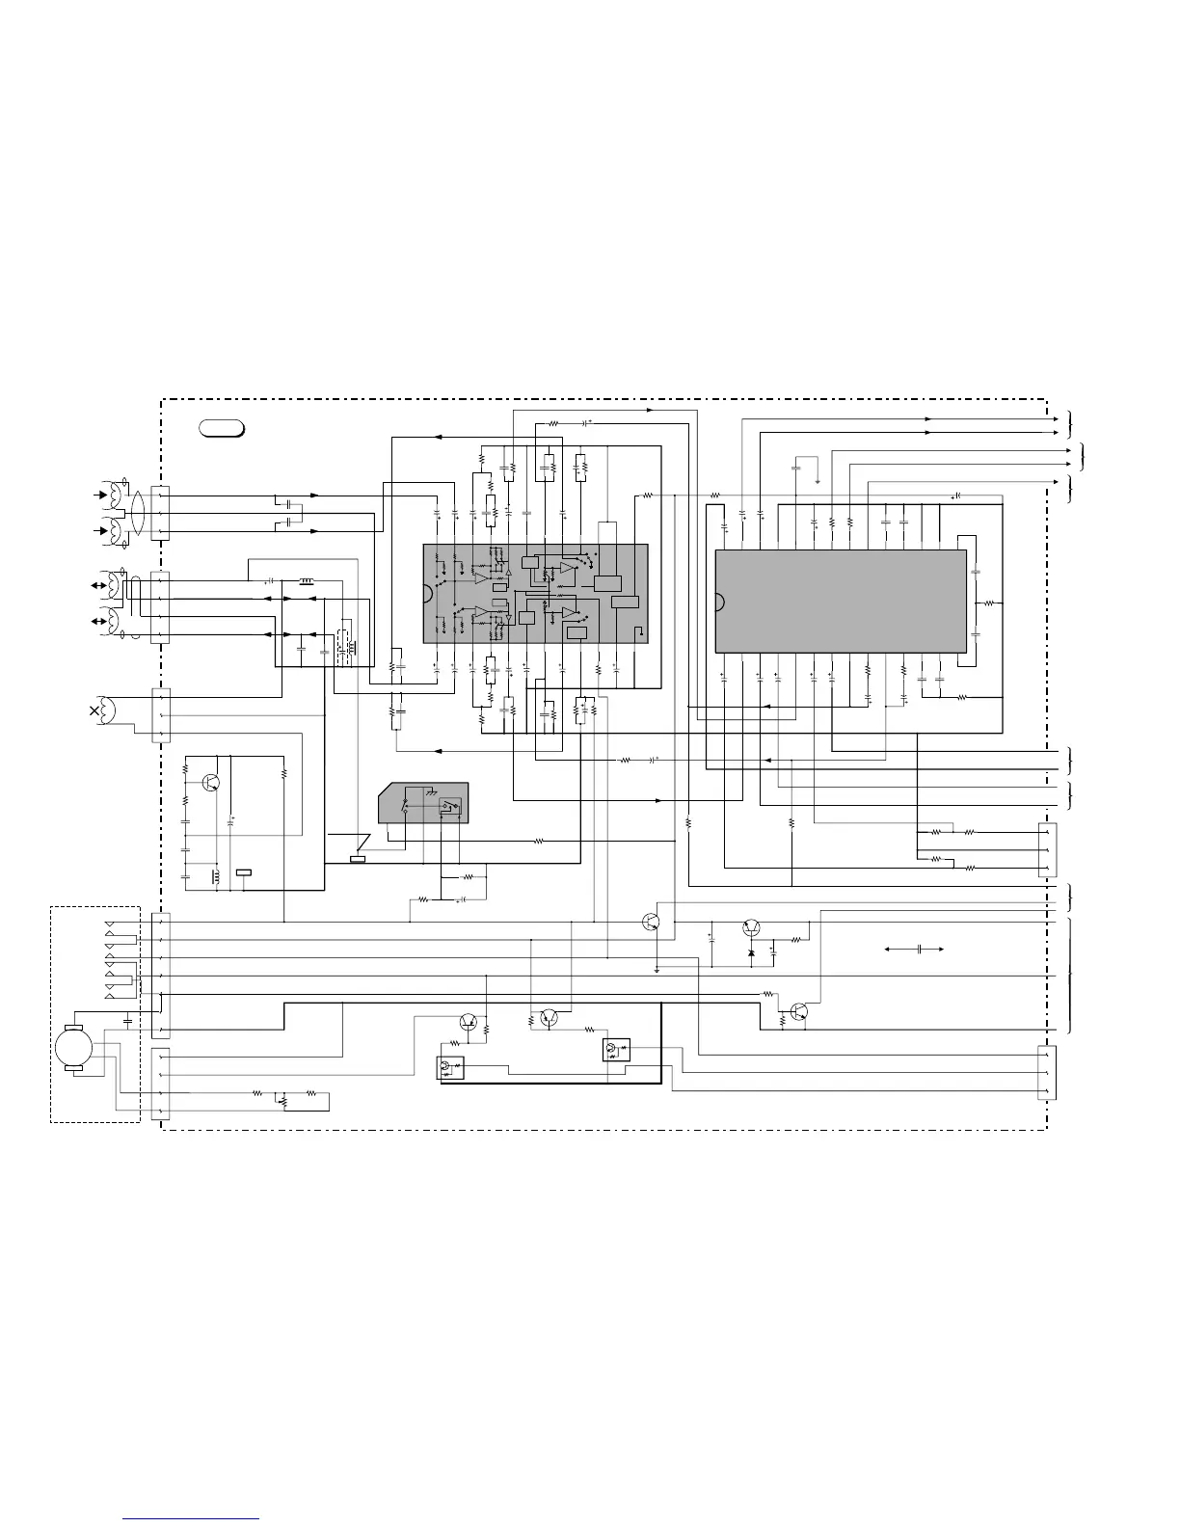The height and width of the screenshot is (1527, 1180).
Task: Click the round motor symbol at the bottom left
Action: point(73,1047)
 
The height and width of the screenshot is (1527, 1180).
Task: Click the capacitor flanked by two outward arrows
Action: point(921,950)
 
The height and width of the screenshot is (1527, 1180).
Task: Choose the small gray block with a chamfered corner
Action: point(424,802)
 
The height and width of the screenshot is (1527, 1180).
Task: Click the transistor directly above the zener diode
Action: point(752,927)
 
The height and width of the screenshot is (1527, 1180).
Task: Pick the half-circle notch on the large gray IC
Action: point(718,603)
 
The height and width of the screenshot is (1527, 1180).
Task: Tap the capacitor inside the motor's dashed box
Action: point(128,1018)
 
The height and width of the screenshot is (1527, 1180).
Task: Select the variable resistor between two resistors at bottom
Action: point(283,1097)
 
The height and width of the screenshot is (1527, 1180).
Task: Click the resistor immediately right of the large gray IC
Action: point(988,603)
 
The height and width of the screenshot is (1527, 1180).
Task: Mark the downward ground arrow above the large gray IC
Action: point(818,480)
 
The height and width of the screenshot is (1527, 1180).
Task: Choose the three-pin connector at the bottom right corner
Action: point(1046,1072)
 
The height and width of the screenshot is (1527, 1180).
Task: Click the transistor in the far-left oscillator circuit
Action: point(213,783)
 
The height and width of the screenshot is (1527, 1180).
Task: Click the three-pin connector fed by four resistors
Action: point(1047,849)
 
